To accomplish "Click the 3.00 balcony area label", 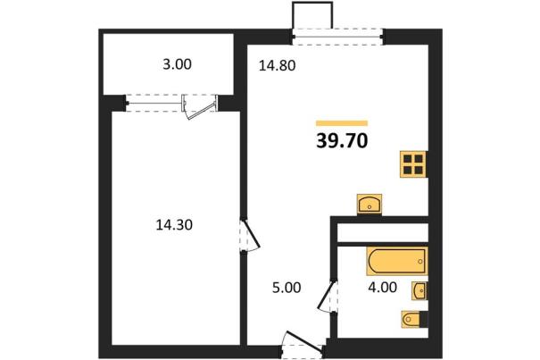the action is pyautogui.click(x=177, y=64).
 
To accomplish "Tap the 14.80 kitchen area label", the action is pyautogui.click(x=278, y=65).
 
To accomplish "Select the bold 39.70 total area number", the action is pyautogui.click(x=342, y=140).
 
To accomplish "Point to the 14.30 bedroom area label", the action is pyautogui.click(x=174, y=225).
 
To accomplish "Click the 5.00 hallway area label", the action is pyautogui.click(x=287, y=288).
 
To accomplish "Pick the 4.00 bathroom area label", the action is pyautogui.click(x=382, y=287).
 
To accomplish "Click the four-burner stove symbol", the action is pyautogui.click(x=413, y=164).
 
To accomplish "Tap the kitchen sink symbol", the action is pyautogui.click(x=370, y=205).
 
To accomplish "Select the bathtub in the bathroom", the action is pyautogui.click(x=397, y=261).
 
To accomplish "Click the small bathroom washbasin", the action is pyautogui.click(x=420, y=290).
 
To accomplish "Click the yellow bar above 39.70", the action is pyautogui.click(x=342, y=123).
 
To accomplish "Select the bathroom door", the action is pyautogui.click(x=328, y=297).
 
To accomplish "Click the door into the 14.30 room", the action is pyautogui.click(x=250, y=236).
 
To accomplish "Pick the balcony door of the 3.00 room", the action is pyautogui.click(x=200, y=107).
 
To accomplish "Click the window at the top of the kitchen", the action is pyautogui.click(x=337, y=37).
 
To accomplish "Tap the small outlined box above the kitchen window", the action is pyautogui.click(x=312, y=15).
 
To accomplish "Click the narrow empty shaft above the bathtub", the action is pyautogui.click(x=383, y=233).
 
